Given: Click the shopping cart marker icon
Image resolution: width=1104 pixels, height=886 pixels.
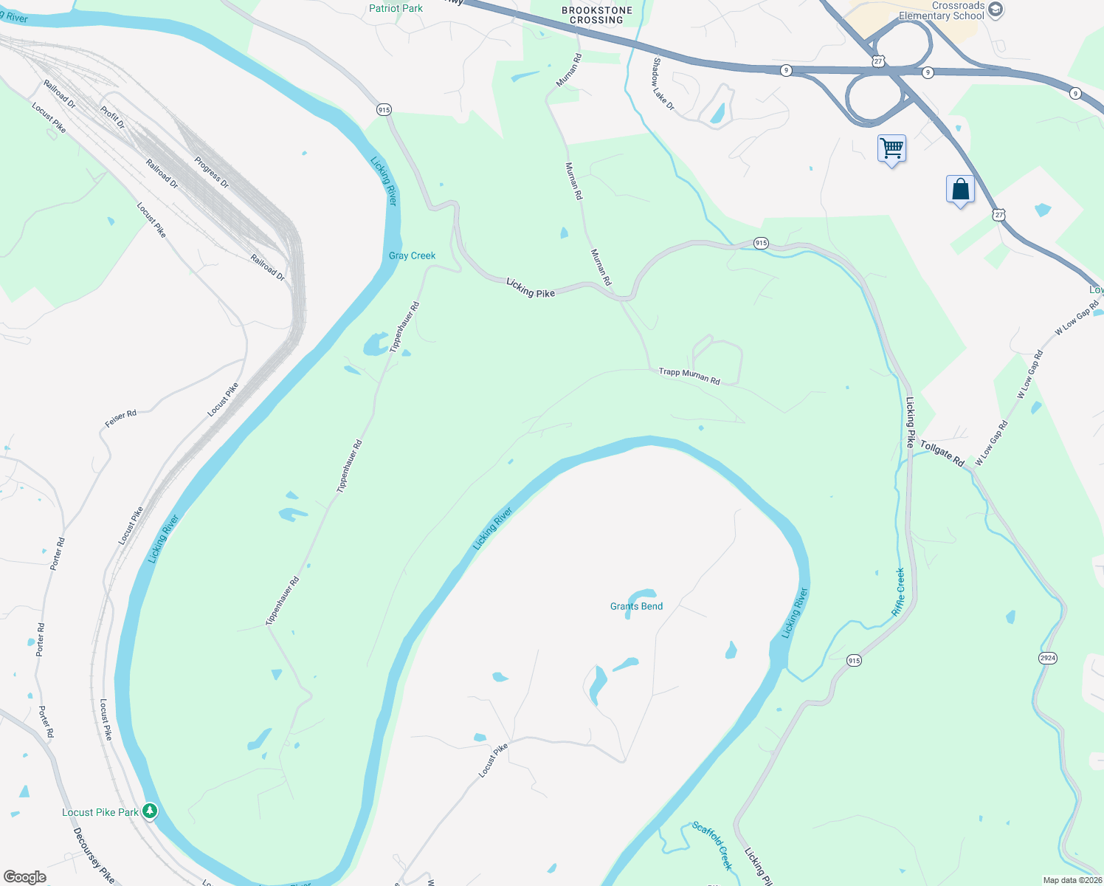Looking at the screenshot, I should pyautogui.click(x=891, y=148).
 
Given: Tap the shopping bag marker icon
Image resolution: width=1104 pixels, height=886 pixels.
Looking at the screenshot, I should pyautogui.click(x=960, y=190).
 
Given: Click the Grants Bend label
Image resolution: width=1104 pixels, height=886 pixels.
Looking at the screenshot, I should pyautogui.click(x=636, y=606).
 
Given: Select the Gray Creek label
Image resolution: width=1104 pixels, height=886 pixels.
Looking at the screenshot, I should pyautogui.click(x=412, y=255).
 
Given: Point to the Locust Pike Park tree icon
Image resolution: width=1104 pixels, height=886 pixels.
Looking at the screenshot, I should pyautogui.click(x=150, y=811).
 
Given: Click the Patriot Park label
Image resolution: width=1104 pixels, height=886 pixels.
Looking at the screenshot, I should pyautogui.click(x=396, y=8).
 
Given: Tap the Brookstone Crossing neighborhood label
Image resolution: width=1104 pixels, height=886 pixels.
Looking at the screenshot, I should pyautogui.click(x=596, y=15).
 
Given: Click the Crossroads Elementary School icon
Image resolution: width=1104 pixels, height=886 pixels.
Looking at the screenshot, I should pyautogui.click(x=996, y=10).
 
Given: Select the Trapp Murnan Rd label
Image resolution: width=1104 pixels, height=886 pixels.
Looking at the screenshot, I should pyautogui.click(x=689, y=376).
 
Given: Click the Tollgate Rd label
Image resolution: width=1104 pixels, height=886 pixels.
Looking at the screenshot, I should pyautogui.click(x=942, y=453).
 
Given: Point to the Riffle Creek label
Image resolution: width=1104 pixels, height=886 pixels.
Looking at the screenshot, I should pyautogui.click(x=898, y=592).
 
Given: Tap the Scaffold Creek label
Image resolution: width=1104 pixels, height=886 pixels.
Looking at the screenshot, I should pyautogui.click(x=712, y=845).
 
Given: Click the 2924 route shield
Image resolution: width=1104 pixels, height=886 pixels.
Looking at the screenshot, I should pyautogui.click(x=1047, y=658).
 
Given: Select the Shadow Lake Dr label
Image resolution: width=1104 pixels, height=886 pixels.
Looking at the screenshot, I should pyautogui.click(x=663, y=84).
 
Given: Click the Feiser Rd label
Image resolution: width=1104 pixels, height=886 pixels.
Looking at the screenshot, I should pyautogui.click(x=120, y=419).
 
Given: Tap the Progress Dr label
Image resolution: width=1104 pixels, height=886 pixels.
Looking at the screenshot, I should pyautogui.click(x=212, y=172).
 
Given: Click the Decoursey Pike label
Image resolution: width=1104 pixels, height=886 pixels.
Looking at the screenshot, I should pyautogui.click(x=94, y=855).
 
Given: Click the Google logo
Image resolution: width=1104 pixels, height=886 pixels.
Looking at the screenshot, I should pyautogui.click(x=25, y=877).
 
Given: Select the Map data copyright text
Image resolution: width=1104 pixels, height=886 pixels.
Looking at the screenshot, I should pyautogui.click(x=1071, y=880).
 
